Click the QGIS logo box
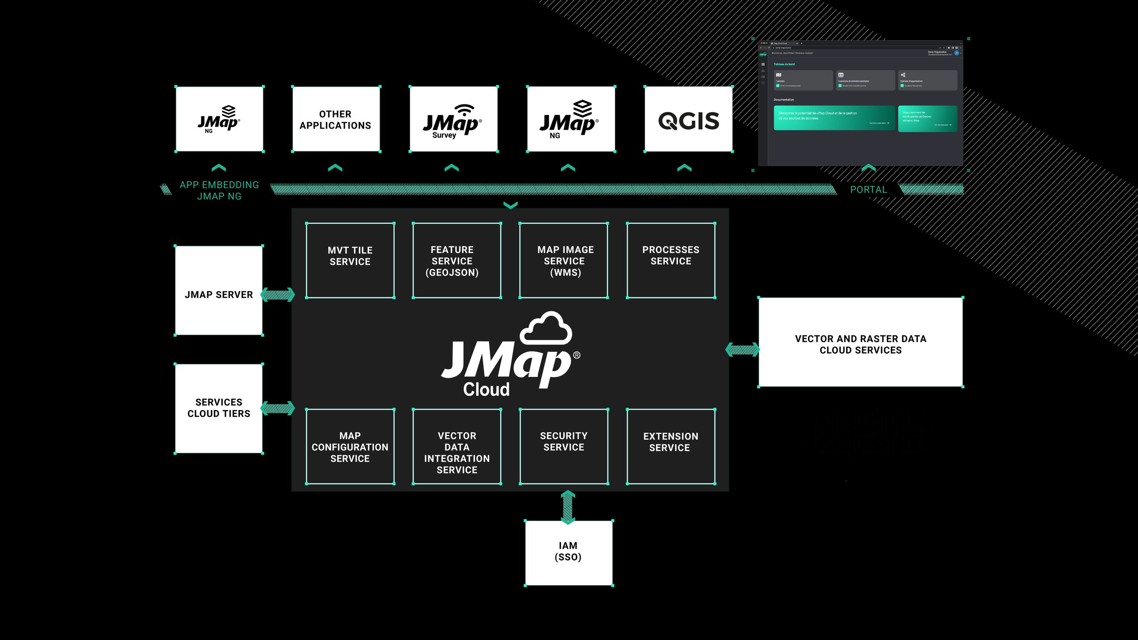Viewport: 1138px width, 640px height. pyautogui.click(x=688, y=119)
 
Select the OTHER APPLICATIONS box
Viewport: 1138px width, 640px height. pyautogui.click(x=336, y=119)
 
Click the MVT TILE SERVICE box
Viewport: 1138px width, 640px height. pyautogui.click(x=350, y=260)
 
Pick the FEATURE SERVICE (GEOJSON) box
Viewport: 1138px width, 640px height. pyautogui.click(x=457, y=260)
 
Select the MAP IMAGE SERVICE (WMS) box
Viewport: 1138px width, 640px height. pyautogui.click(x=563, y=260)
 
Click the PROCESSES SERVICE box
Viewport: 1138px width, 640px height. pyautogui.click(x=671, y=260)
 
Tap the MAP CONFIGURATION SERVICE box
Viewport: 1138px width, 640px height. pyautogui.click(x=350, y=446)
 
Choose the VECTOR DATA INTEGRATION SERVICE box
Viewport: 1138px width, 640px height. pyautogui.click(x=457, y=446)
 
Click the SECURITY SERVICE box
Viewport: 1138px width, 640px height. pyautogui.click(x=564, y=446)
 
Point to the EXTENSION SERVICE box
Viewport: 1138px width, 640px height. pyautogui.click(x=671, y=446)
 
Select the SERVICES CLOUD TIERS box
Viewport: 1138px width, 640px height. pyautogui.click(x=219, y=408)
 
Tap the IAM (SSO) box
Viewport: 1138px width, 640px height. pyautogui.click(x=569, y=552)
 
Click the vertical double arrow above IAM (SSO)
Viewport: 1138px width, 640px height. pyautogui.click(x=568, y=507)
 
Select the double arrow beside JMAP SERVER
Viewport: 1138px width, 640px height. pyautogui.click(x=277, y=295)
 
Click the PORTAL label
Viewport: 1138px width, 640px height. pyautogui.click(x=868, y=190)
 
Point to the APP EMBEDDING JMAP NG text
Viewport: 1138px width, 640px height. pyautogui.click(x=219, y=190)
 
